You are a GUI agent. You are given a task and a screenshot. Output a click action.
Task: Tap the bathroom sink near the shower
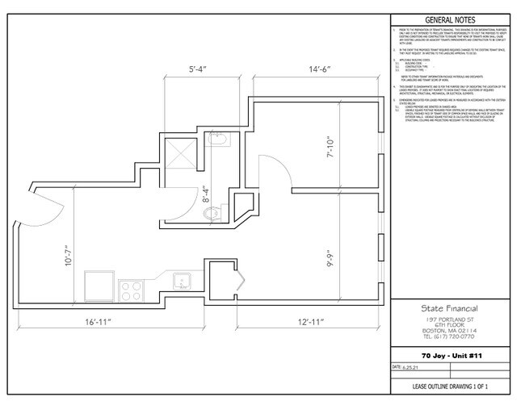pos(216,142)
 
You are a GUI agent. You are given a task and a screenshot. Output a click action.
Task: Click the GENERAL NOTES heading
pos(450,20)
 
